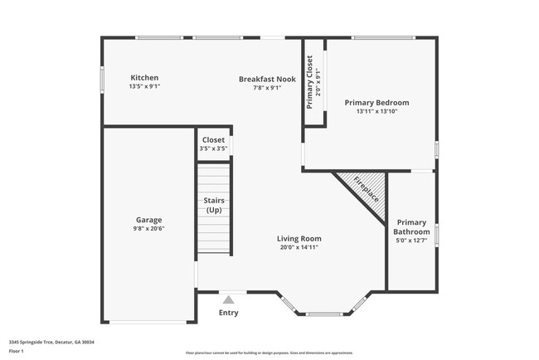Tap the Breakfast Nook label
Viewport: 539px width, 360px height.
point(267,78)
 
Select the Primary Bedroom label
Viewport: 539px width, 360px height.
point(376,102)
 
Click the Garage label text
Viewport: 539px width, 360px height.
point(149,220)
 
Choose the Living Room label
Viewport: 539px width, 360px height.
point(299,238)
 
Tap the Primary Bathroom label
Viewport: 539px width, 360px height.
point(412,227)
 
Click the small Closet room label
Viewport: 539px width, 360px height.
point(213,140)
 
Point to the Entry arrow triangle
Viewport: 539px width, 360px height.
point(228,297)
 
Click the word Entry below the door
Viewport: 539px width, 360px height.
point(228,313)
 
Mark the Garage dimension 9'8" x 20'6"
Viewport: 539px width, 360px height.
point(149,229)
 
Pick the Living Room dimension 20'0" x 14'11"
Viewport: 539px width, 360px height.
point(299,247)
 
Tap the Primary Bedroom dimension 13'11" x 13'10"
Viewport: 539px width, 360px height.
point(376,111)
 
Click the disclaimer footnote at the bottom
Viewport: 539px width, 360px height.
point(269,353)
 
